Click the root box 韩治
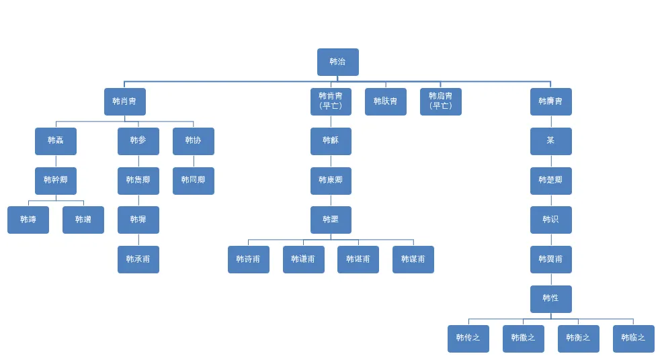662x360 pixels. [337, 62]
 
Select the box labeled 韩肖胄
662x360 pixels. [124, 101]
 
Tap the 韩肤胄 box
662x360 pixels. [385, 101]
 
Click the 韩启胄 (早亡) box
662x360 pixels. [440, 101]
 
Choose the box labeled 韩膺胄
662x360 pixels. [550, 101]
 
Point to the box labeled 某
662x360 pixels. [550, 141]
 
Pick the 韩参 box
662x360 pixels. [138, 141]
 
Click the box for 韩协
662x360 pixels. [193, 141]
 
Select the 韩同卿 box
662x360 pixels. [193, 181]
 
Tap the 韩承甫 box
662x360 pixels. [138, 259]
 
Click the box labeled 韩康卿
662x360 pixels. [331, 181]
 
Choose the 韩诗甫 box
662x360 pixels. [248, 259]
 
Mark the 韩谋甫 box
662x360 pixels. [413, 259]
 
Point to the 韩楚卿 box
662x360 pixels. [550, 181]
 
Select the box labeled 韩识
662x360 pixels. [550, 220]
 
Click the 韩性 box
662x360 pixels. [550, 299]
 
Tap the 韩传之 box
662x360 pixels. [468, 339]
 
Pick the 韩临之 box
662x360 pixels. [633, 339]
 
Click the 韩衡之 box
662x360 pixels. [578, 339]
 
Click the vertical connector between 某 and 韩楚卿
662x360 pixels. [551, 161]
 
